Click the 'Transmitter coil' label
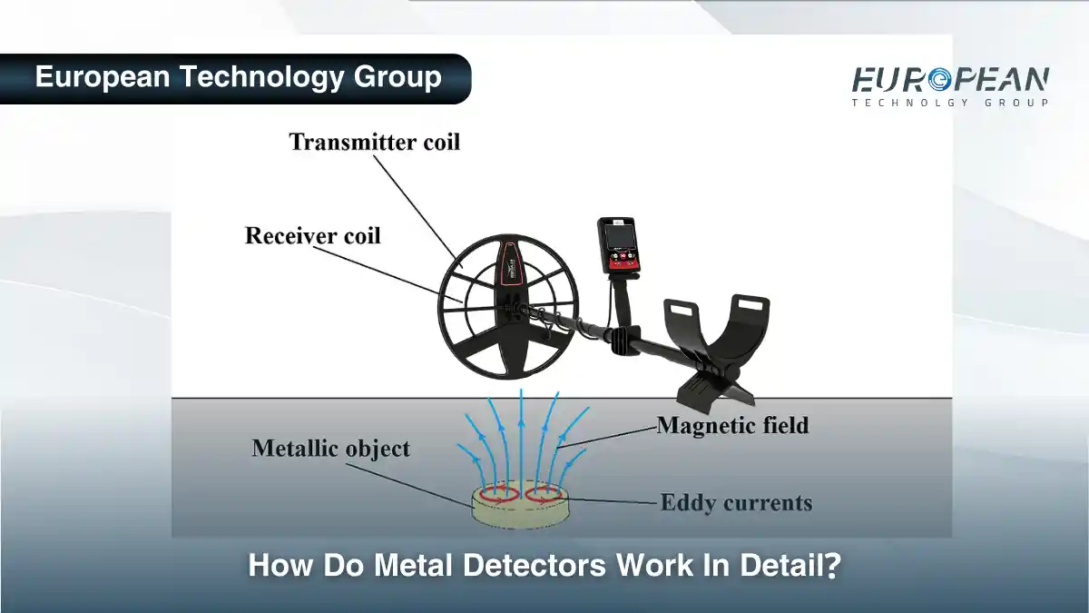pyautogui.click(x=374, y=143)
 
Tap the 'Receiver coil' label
pyautogui.click(x=312, y=236)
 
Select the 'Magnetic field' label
pyautogui.click(x=732, y=425)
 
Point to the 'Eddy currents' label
pyautogui.click(x=736, y=502)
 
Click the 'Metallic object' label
pyautogui.click(x=330, y=448)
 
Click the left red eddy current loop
pyautogui.click(x=499, y=496)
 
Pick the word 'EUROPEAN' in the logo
pyautogui.click(x=950, y=80)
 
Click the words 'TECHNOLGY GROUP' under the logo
pyautogui.click(x=950, y=103)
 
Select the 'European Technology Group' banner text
pyautogui.click(x=238, y=77)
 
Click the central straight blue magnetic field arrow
pyautogui.click(x=521, y=436)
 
